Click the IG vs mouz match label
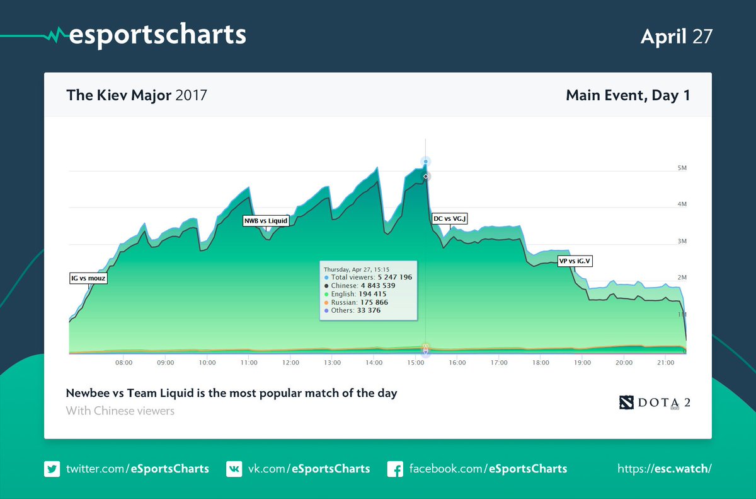click(x=88, y=278)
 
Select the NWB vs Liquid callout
click(x=266, y=221)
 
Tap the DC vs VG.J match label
click(x=450, y=219)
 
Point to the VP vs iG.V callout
click(x=575, y=261)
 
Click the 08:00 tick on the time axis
click(x=123, y=363)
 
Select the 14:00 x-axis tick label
click(x=374, y=363)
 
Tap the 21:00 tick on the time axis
click(x=665, y=363)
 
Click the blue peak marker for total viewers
click(x=426, y=162)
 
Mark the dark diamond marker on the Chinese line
click(x=426, y=177)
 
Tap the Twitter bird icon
click(x=52, y=469)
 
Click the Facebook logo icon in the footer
click(x=395, y=469)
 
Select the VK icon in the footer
click(x=234, y=469)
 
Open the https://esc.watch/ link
click(x=665, y=469)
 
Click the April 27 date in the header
click(x=677, y=36)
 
